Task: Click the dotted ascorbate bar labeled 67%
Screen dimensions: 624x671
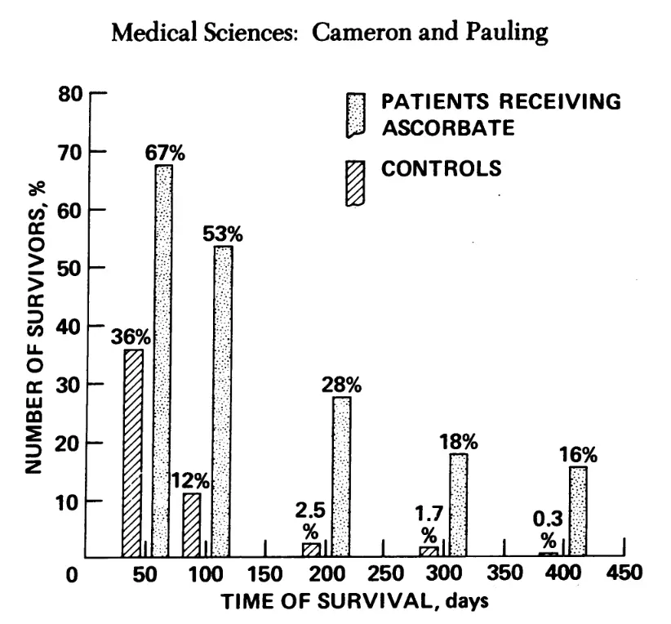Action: point(162,359)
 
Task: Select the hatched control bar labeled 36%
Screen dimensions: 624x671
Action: point(133,452)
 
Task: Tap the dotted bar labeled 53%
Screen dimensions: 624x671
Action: point(222,400)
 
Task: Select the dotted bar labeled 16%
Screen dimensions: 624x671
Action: point(577,510)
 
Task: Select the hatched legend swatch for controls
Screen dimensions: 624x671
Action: point(355,183)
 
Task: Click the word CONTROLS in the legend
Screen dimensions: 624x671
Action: point(441,169)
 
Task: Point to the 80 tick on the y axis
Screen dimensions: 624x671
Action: point(73,93)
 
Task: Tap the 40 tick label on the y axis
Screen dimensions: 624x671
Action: point(73,326)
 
